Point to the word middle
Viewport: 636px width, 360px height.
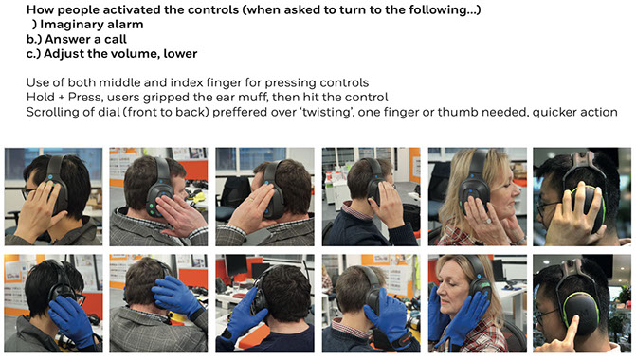120,82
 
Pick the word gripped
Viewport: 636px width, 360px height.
173,98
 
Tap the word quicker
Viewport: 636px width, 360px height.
554,112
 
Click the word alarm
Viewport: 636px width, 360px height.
128,25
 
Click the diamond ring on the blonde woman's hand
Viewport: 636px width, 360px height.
488,221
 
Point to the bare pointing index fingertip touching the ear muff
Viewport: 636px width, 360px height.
575,319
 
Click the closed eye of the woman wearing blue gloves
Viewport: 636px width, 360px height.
449,284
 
